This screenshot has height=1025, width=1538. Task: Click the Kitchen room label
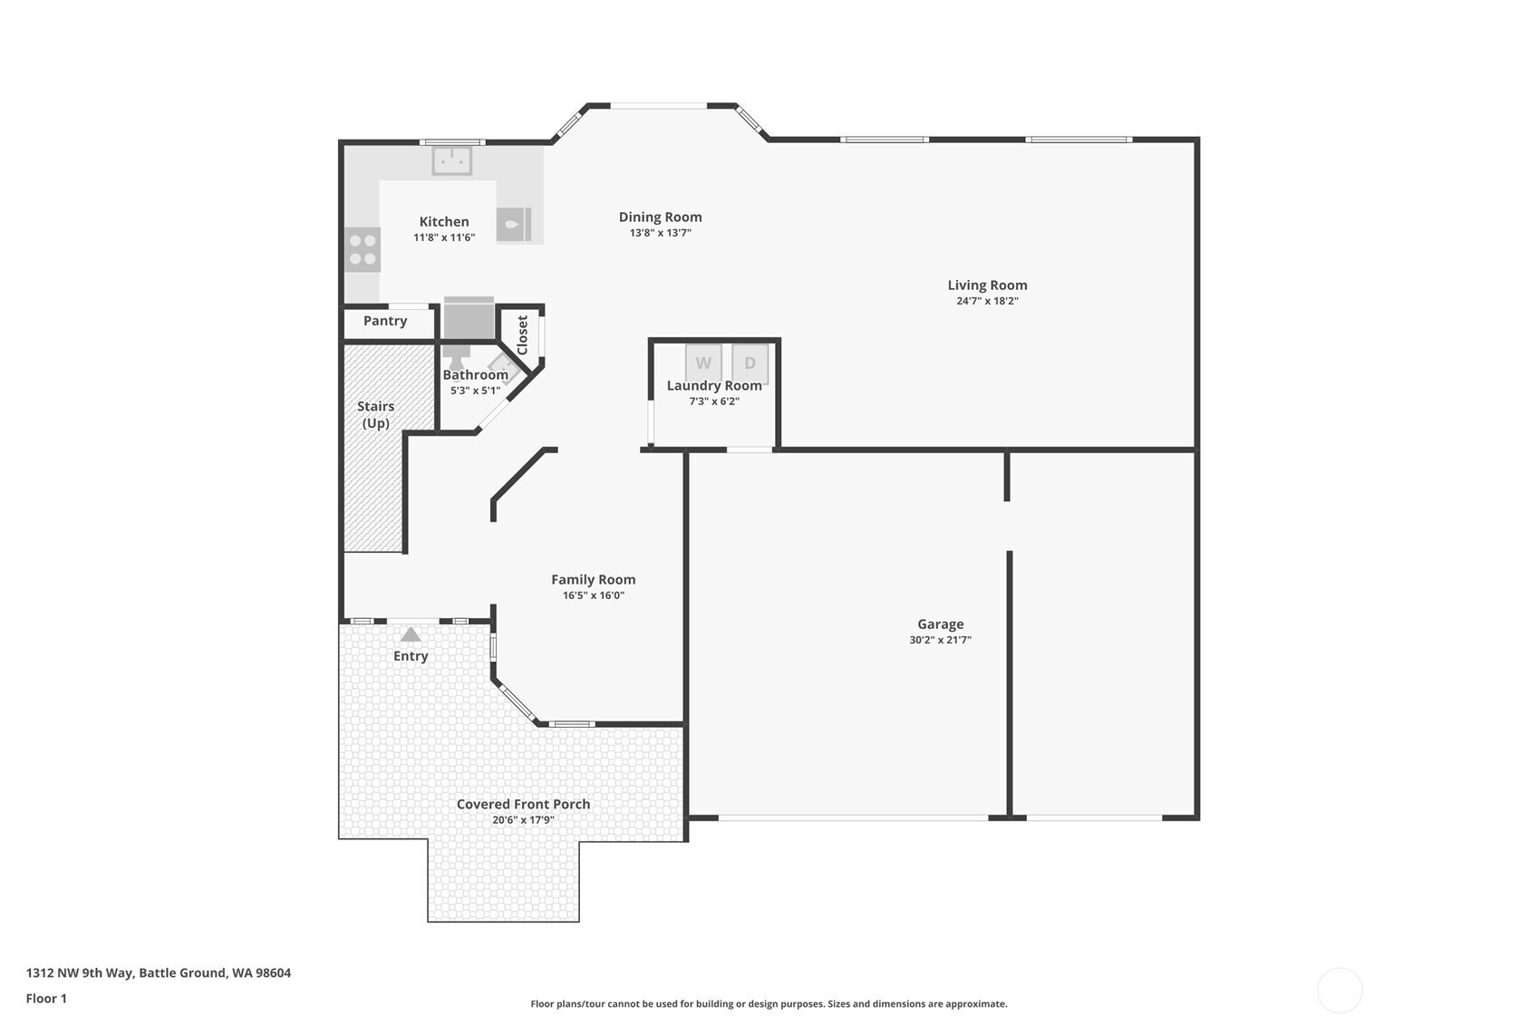pyautogui.click(x=444, y=222)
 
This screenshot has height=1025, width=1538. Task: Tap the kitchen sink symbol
pyautogui.click(x=451, y=160)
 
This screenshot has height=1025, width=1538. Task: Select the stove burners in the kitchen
pyautogui.click(x=363, y=250)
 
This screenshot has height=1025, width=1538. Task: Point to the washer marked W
pyautogui.click(x=703, y=363)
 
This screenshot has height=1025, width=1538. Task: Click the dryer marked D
pyautogui.click(x=750, y=363)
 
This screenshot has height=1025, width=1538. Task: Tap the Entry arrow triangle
pyautogui.click(x=411, y=634)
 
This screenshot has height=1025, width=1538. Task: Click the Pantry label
pyautogui.click(x=385, y=321)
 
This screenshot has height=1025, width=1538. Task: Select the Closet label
pyautogui.click(x=523, y=335)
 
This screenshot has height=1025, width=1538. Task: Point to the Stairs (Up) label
pyautogui.click(x=375, y=415)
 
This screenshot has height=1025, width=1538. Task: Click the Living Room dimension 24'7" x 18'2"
pyautogui.click(x=987, y=301)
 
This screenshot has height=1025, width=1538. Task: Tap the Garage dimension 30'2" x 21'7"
pyautogui.click(x=941, y=640)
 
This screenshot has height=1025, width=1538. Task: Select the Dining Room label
pyautogui.click(x=661, y=217)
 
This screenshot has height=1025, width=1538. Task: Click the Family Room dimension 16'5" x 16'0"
pyautogui.click(x=594, y=595)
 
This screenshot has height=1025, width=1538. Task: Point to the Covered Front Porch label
pyautogui.click(x=523, y=804)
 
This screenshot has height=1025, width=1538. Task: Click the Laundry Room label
pyautogui.click(x=714, y=386)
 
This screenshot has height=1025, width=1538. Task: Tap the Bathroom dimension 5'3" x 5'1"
pyautogui.click(x=475, y=391)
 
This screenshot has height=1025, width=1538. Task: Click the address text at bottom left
pyautogui.click(x=159, y=972)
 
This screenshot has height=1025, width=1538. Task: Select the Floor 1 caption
pyautogui.click(x=47, y=998)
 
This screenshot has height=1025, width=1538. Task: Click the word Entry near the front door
pyautogui.click(x=411, y=656)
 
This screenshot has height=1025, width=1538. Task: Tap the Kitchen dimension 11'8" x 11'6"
pyautogui.click(x=444, y=237)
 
